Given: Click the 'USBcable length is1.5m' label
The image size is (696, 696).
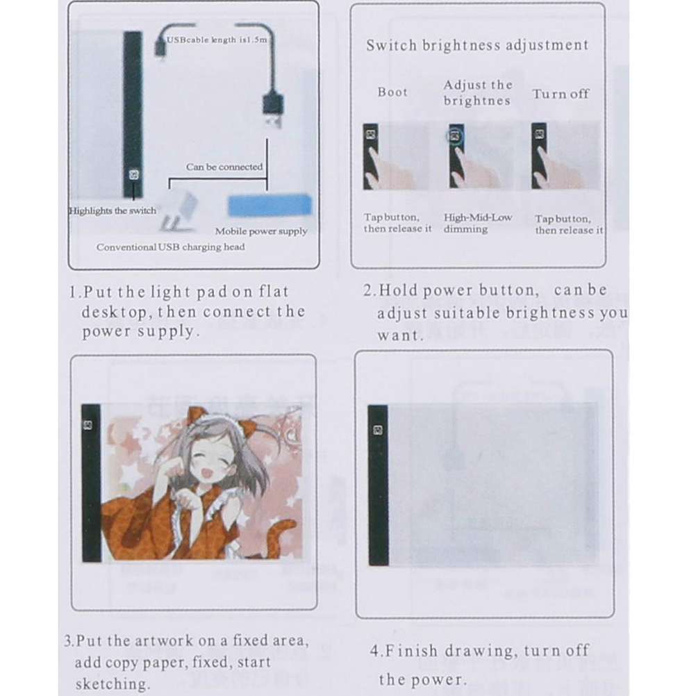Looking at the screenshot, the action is click(x=217, y=40).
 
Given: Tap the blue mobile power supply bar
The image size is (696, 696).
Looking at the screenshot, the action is click(x=270, y=205).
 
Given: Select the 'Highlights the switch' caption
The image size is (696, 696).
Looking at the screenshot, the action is click(x=113, y=210).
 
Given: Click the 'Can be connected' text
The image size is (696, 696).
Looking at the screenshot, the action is click(x=224, y=167).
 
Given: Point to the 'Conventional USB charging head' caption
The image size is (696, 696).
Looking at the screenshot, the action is click(x=170, y=247).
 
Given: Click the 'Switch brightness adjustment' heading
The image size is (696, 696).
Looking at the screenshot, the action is click(x=477, y=45).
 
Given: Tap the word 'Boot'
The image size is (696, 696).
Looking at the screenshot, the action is click(x=392, y=92).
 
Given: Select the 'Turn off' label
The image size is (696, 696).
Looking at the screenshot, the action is click(x=561, y=94).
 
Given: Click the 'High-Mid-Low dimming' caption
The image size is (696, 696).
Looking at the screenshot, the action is click(x=478, y=223).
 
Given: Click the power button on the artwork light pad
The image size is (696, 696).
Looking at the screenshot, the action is click(x=88, y=425).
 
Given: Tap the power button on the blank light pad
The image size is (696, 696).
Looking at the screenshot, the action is click(x=378, y=430).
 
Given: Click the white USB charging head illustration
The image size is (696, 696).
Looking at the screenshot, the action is click(x=179, y=210).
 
